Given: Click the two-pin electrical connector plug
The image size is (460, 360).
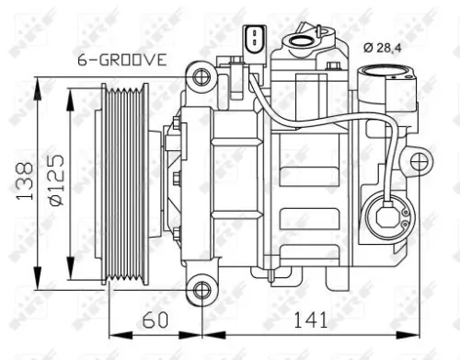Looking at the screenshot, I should pyautogui.click(x=250, y=41).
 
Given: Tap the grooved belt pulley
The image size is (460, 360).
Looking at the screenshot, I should pyautogui.click(x=124, y=184).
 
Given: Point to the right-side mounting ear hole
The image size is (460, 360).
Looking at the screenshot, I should pyautogui.click(x=419, y=164).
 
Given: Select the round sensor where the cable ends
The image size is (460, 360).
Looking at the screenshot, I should pyautogui.click(x=385, y=217).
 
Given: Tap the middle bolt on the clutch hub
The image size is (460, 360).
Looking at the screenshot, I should pyautogui.click(x=176, y=180).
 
